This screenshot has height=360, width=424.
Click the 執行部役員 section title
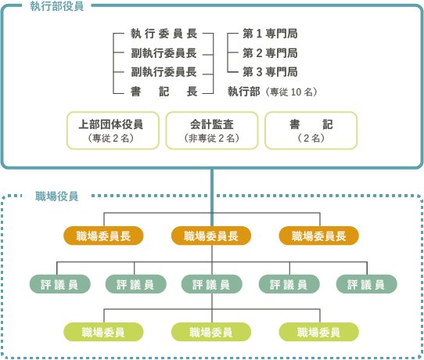[57, 6]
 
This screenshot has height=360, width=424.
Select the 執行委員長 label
[163, 34]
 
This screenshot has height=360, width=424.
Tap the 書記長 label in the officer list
[163, 92]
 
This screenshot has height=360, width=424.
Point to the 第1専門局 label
[270, 34]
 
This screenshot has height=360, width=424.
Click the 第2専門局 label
[270, 53]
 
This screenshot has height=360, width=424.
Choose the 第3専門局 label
[270, 72]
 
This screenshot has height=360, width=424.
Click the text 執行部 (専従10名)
[272, 92]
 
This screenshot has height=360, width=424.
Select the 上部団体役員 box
[113, 131]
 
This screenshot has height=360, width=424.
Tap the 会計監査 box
[212, 131]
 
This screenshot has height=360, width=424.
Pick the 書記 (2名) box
[311, 131]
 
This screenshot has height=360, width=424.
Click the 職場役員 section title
[57, 196]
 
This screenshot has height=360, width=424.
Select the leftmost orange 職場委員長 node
[103, 236]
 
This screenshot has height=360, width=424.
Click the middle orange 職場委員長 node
[211, 236]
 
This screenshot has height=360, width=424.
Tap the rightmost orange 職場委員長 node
[319, 236]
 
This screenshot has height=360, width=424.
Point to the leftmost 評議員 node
[60, 284]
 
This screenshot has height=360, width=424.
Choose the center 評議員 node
[212, 284]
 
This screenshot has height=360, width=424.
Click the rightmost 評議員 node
[367, 284]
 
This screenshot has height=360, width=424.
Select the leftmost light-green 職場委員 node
[103, 332]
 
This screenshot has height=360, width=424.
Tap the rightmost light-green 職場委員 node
[319, 332]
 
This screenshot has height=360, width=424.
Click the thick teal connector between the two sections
[212, 198]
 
